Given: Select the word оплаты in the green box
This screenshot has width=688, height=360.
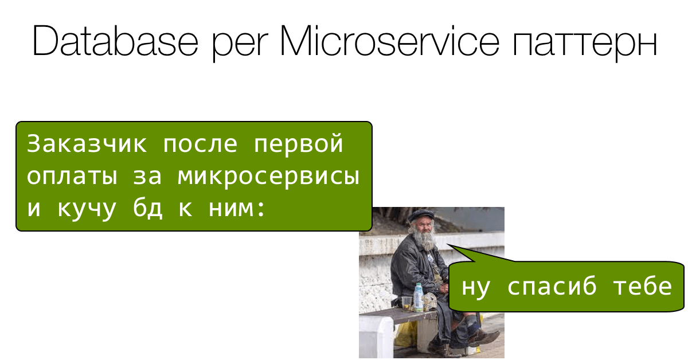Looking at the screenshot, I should click(72, 177).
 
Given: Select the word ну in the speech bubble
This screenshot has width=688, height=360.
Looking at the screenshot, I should click(475, 287).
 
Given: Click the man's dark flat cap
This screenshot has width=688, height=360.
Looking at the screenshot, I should click(420, 216).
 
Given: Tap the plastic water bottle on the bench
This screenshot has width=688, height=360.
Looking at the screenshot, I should click(419, 297).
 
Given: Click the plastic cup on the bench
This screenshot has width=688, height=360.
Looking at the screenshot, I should click(406, 303).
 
